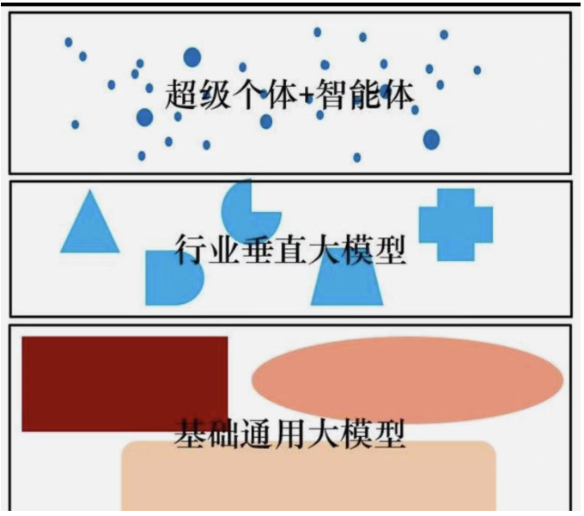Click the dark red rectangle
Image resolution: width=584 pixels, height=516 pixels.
tap(124, 382)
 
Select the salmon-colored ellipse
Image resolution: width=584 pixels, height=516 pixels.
tap(407, 379)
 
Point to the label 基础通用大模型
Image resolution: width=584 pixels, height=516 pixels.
tap(289, 434)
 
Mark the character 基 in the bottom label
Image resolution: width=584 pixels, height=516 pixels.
tap(191, 434)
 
